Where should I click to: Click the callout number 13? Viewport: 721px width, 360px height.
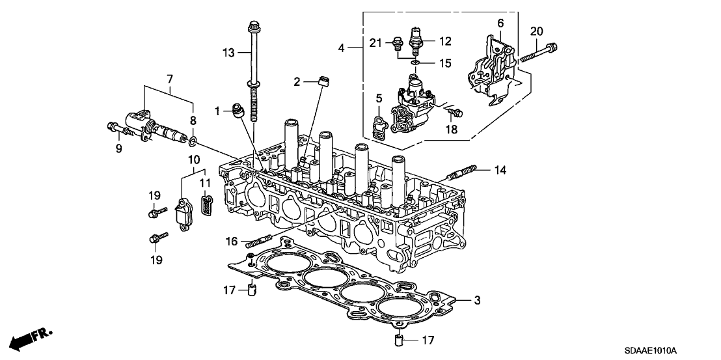click(228, 52)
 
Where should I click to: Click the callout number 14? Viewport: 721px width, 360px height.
click(499, 170)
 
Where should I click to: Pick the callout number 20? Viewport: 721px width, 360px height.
click(536, 31)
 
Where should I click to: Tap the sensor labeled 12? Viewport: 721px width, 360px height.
click(416, 38)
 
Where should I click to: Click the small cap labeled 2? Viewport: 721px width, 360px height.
click(321, 82)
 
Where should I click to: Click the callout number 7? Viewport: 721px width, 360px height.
click(170, 79)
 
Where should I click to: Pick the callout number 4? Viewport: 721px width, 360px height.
click(342, 48)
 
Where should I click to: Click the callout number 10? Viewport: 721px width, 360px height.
click(194, 158)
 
